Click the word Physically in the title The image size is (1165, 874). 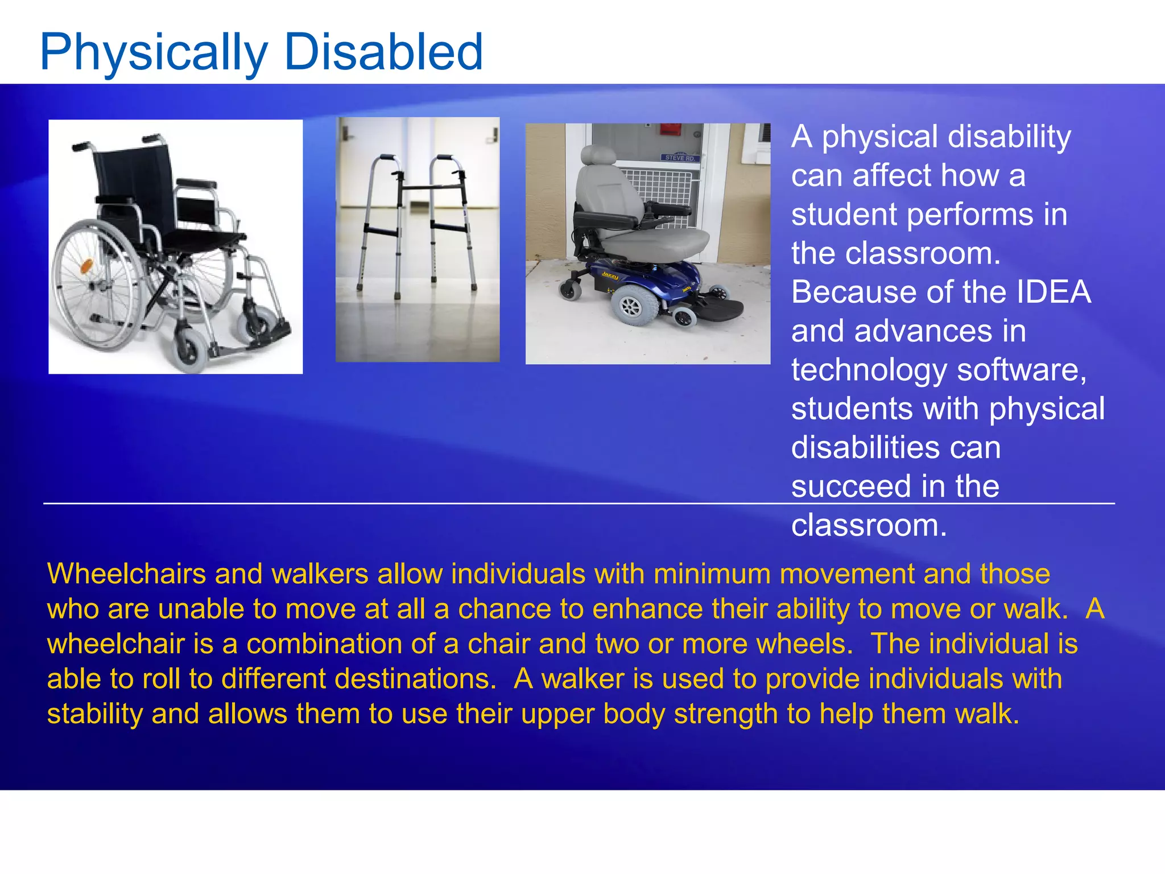(x=154, y=52)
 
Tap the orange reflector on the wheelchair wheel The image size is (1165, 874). (x=86, y=266)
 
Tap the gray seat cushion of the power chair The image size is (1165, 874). (x=654, y=242)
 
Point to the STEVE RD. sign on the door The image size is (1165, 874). (x=680, y=158)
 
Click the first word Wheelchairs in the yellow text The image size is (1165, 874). (x=126, y=574)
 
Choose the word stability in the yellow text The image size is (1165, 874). (x=94, y=714)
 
